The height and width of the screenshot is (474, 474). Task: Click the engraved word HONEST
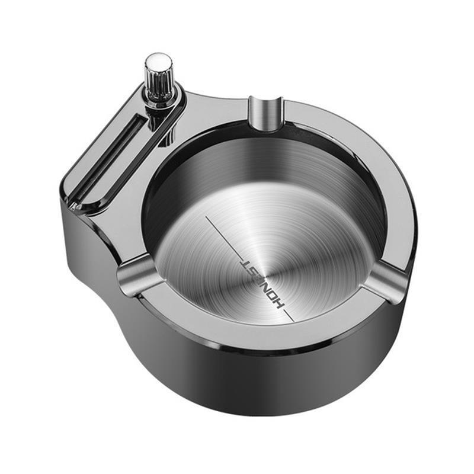(x=262, y=285)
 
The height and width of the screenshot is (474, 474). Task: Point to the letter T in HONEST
(x=244, y=261)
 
